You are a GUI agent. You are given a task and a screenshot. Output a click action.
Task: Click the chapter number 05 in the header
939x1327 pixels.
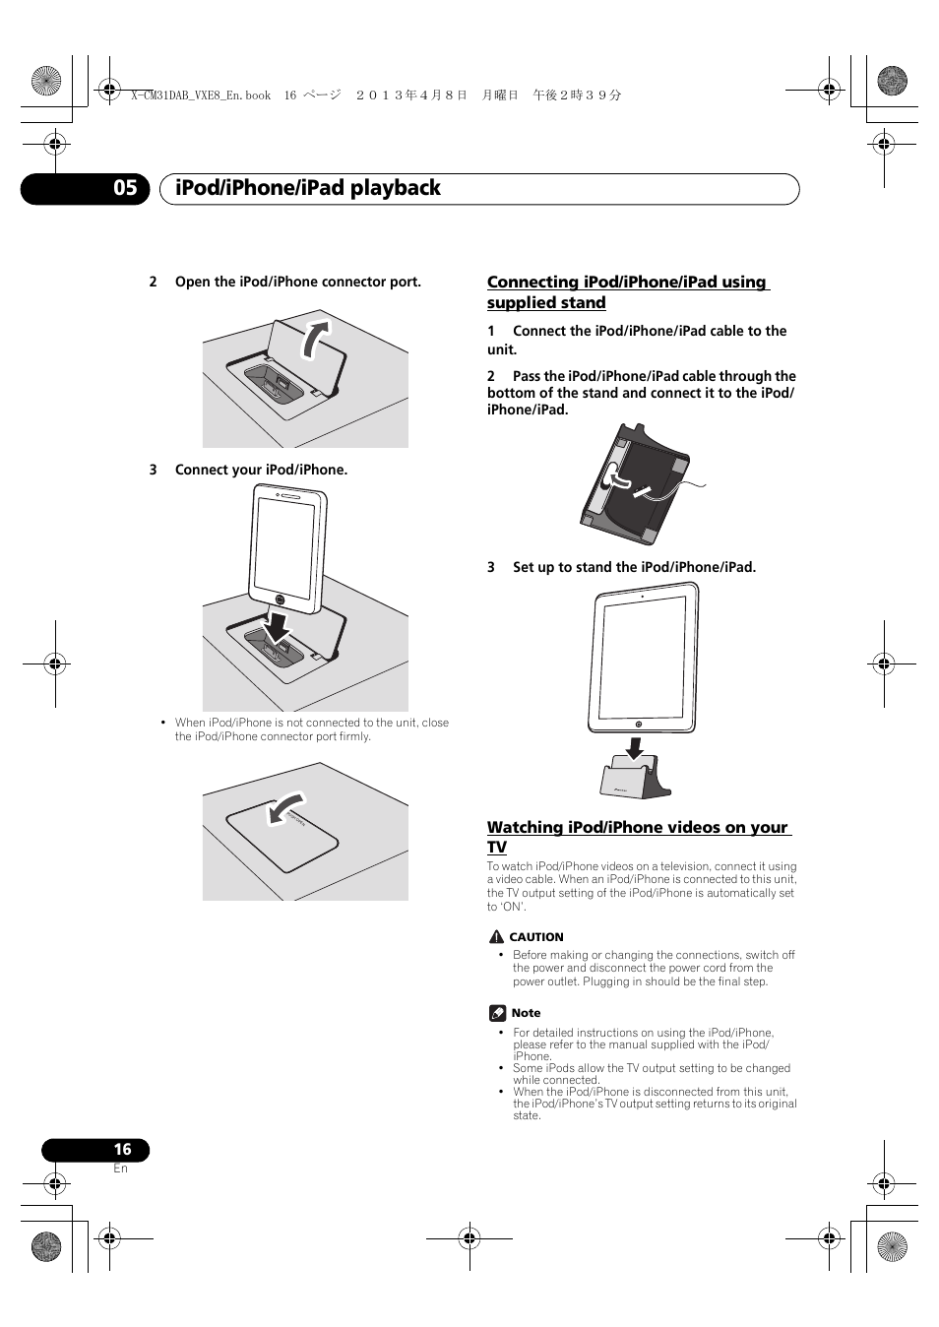pos(125,188)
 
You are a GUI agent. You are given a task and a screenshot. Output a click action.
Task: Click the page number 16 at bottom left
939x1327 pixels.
pos(122,1149)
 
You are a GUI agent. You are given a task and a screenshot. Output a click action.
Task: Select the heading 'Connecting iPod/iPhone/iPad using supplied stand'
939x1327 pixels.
pos(627,292)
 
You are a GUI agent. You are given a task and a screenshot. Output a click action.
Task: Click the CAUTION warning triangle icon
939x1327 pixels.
pos(497,937)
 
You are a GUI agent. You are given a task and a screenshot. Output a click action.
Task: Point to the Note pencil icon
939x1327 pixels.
pos(498,1013)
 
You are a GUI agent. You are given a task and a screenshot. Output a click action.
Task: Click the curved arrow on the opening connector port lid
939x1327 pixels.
pos(315,340)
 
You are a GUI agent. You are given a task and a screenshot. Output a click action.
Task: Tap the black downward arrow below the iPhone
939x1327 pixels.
pos(278,624)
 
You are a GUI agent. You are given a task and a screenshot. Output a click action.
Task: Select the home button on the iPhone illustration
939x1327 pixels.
pos(281,600)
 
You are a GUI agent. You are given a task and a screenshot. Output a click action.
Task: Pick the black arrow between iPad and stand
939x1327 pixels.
pos(635,748)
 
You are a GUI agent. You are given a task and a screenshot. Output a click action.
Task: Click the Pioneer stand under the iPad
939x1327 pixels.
pos(634,779)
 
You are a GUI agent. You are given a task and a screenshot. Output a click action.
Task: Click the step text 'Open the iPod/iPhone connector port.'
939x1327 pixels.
pos(297,283)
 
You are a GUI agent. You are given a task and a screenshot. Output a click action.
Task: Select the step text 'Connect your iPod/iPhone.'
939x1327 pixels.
pos(261,471)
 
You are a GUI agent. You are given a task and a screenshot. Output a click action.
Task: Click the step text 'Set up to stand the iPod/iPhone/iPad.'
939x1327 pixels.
pos(634,568)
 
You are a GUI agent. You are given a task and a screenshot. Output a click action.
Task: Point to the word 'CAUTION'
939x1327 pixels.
pos(536,938)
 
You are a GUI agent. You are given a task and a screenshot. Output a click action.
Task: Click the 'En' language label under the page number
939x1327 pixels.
pos(120,1169)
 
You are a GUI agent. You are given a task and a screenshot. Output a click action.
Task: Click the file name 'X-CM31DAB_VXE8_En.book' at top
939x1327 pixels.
pos(201,95)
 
